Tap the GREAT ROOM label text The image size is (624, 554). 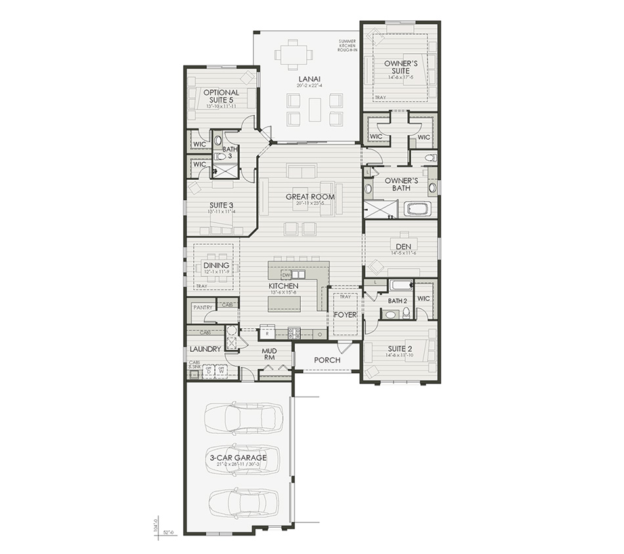pos(309,197)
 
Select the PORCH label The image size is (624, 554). pos(326,360)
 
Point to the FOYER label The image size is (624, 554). pos(345,314)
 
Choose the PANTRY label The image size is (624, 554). pos(203,307)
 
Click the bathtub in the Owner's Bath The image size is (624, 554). pos(417,209)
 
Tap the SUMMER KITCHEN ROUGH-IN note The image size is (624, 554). pos(347,45)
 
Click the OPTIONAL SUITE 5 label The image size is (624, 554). pos(220,96)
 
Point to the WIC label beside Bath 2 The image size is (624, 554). pos(424,299)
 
